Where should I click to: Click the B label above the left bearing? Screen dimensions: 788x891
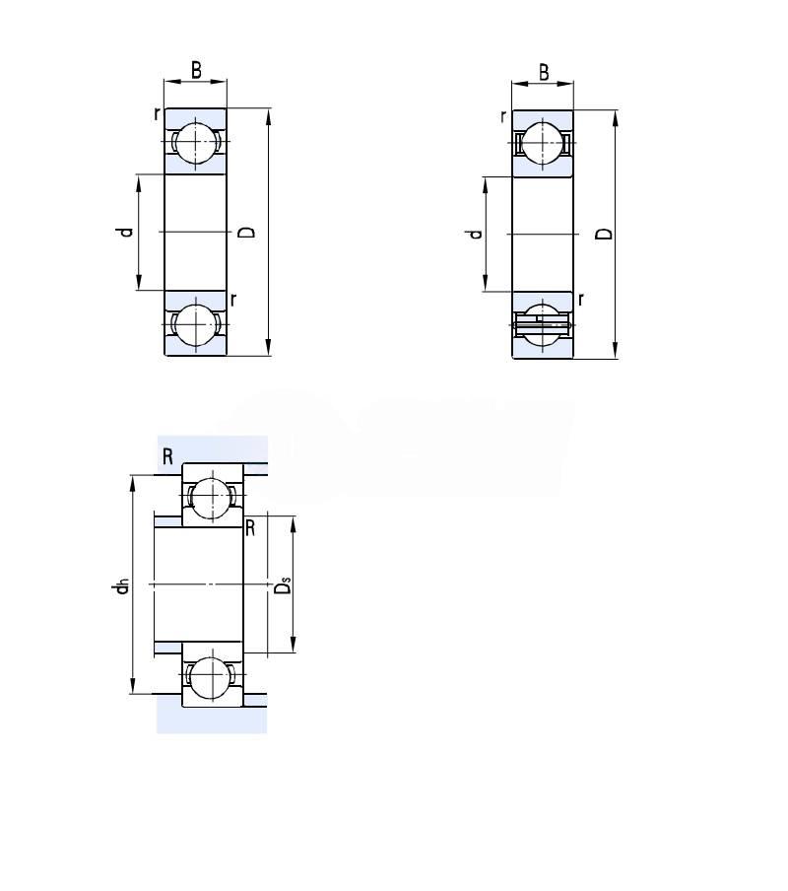[x=196, y=70]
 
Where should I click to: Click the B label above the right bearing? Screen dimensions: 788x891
[x=544, y=73]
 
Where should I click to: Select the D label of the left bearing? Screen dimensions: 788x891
[x=247, y=232]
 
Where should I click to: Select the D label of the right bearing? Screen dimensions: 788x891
[x=606, y=234]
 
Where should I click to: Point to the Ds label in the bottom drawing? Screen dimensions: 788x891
[x=283, y=585]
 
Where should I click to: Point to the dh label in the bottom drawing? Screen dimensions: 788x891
[x=121, y=586]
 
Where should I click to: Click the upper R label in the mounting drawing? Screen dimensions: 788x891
[x=167, y=456]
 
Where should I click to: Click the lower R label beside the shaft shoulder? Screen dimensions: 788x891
[x=250, y=528]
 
